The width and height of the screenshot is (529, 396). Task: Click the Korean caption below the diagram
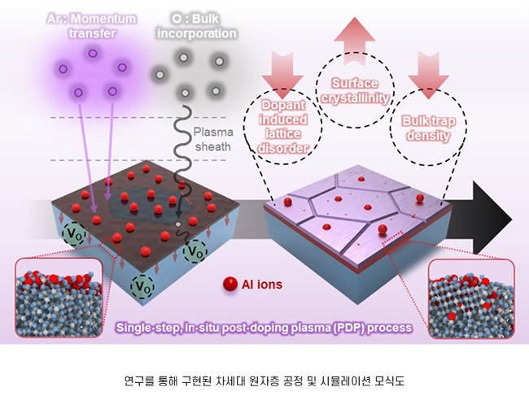point(264,378)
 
